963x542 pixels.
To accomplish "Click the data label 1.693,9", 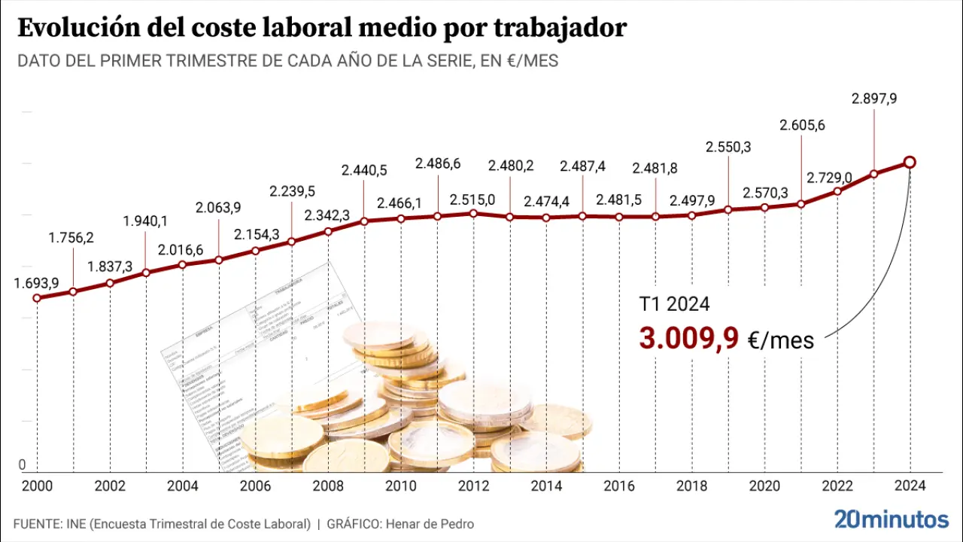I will click(37, 284).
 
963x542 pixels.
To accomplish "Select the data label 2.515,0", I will click(472, 200).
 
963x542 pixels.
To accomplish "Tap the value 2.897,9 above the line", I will click(873, 99).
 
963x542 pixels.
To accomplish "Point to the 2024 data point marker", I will click(910, 162).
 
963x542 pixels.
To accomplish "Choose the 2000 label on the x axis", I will click(37, 486).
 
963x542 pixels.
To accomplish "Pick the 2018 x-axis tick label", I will click(691, 486).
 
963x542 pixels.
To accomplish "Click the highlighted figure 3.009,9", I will click(688, 339).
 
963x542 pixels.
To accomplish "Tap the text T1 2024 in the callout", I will click(674, 305).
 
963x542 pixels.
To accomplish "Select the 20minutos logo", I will click(892, 519).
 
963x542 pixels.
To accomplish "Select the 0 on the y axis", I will click(23, 464).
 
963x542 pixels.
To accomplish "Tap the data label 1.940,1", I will click(146, 221).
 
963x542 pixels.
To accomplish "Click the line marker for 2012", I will click(472, 213).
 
